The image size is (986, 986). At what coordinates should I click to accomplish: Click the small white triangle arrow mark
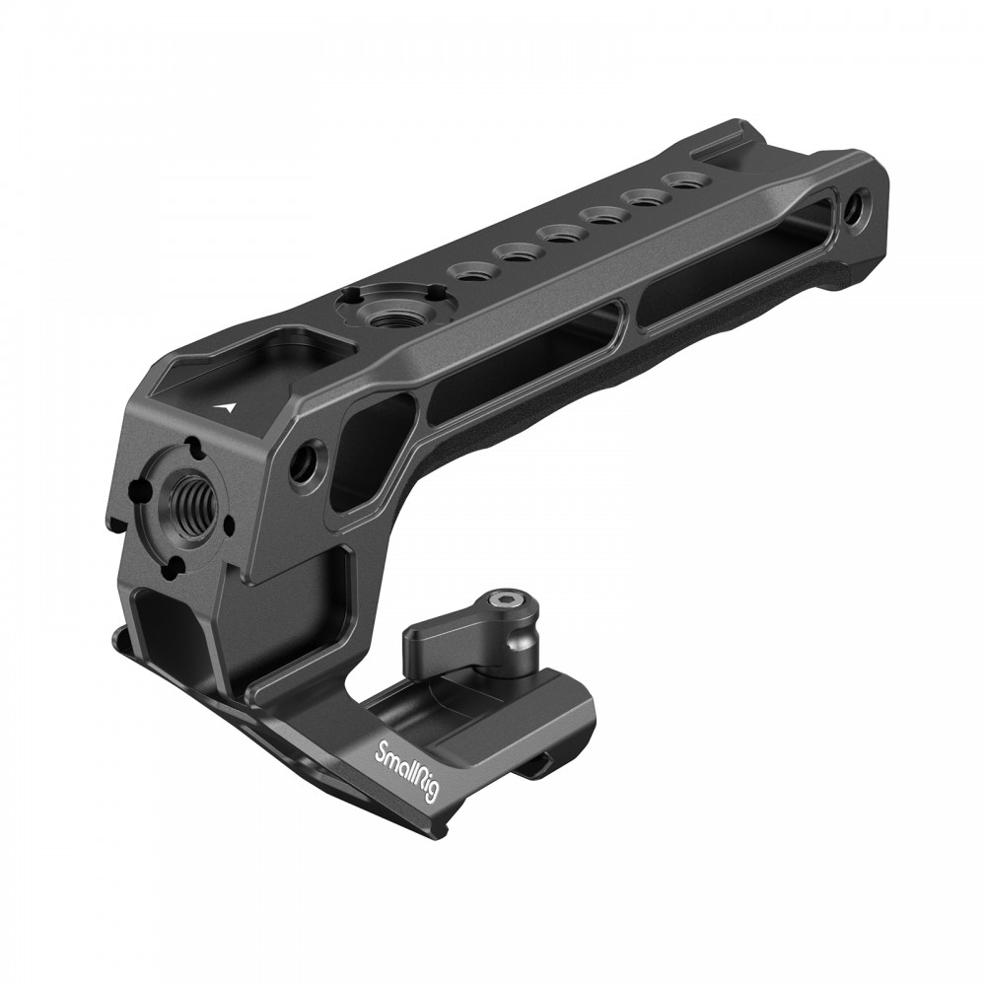[229, 404]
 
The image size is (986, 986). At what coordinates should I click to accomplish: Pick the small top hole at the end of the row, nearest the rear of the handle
[682, 180]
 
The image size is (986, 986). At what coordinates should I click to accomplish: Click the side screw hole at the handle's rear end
[853, 207]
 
